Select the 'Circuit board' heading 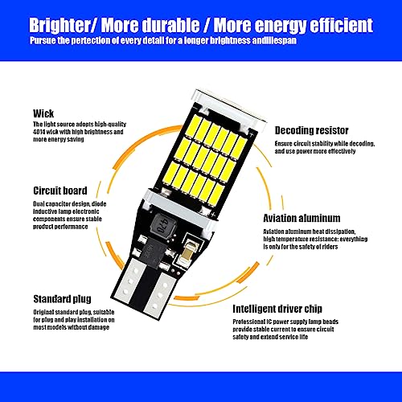[60, 191]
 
